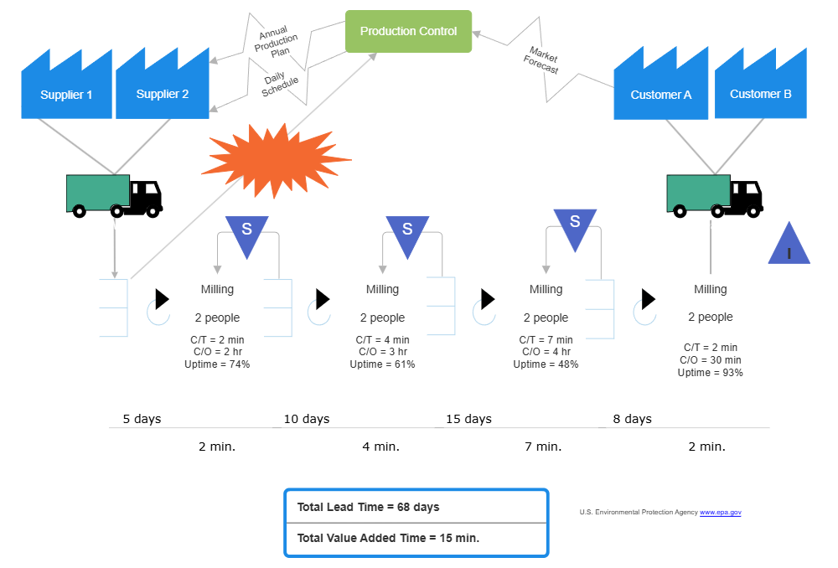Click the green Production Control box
[409, 32]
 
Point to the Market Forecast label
[543, 60]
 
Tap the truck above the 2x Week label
[105, 194]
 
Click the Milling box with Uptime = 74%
[217, 323]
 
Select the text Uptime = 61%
[382, 364]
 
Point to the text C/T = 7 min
[546, 339]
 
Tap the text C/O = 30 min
[710, 359]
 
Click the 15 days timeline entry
[468, 419]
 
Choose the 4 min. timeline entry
[380, 447]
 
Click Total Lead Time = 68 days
[368, 507]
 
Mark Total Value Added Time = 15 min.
[388, 538]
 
